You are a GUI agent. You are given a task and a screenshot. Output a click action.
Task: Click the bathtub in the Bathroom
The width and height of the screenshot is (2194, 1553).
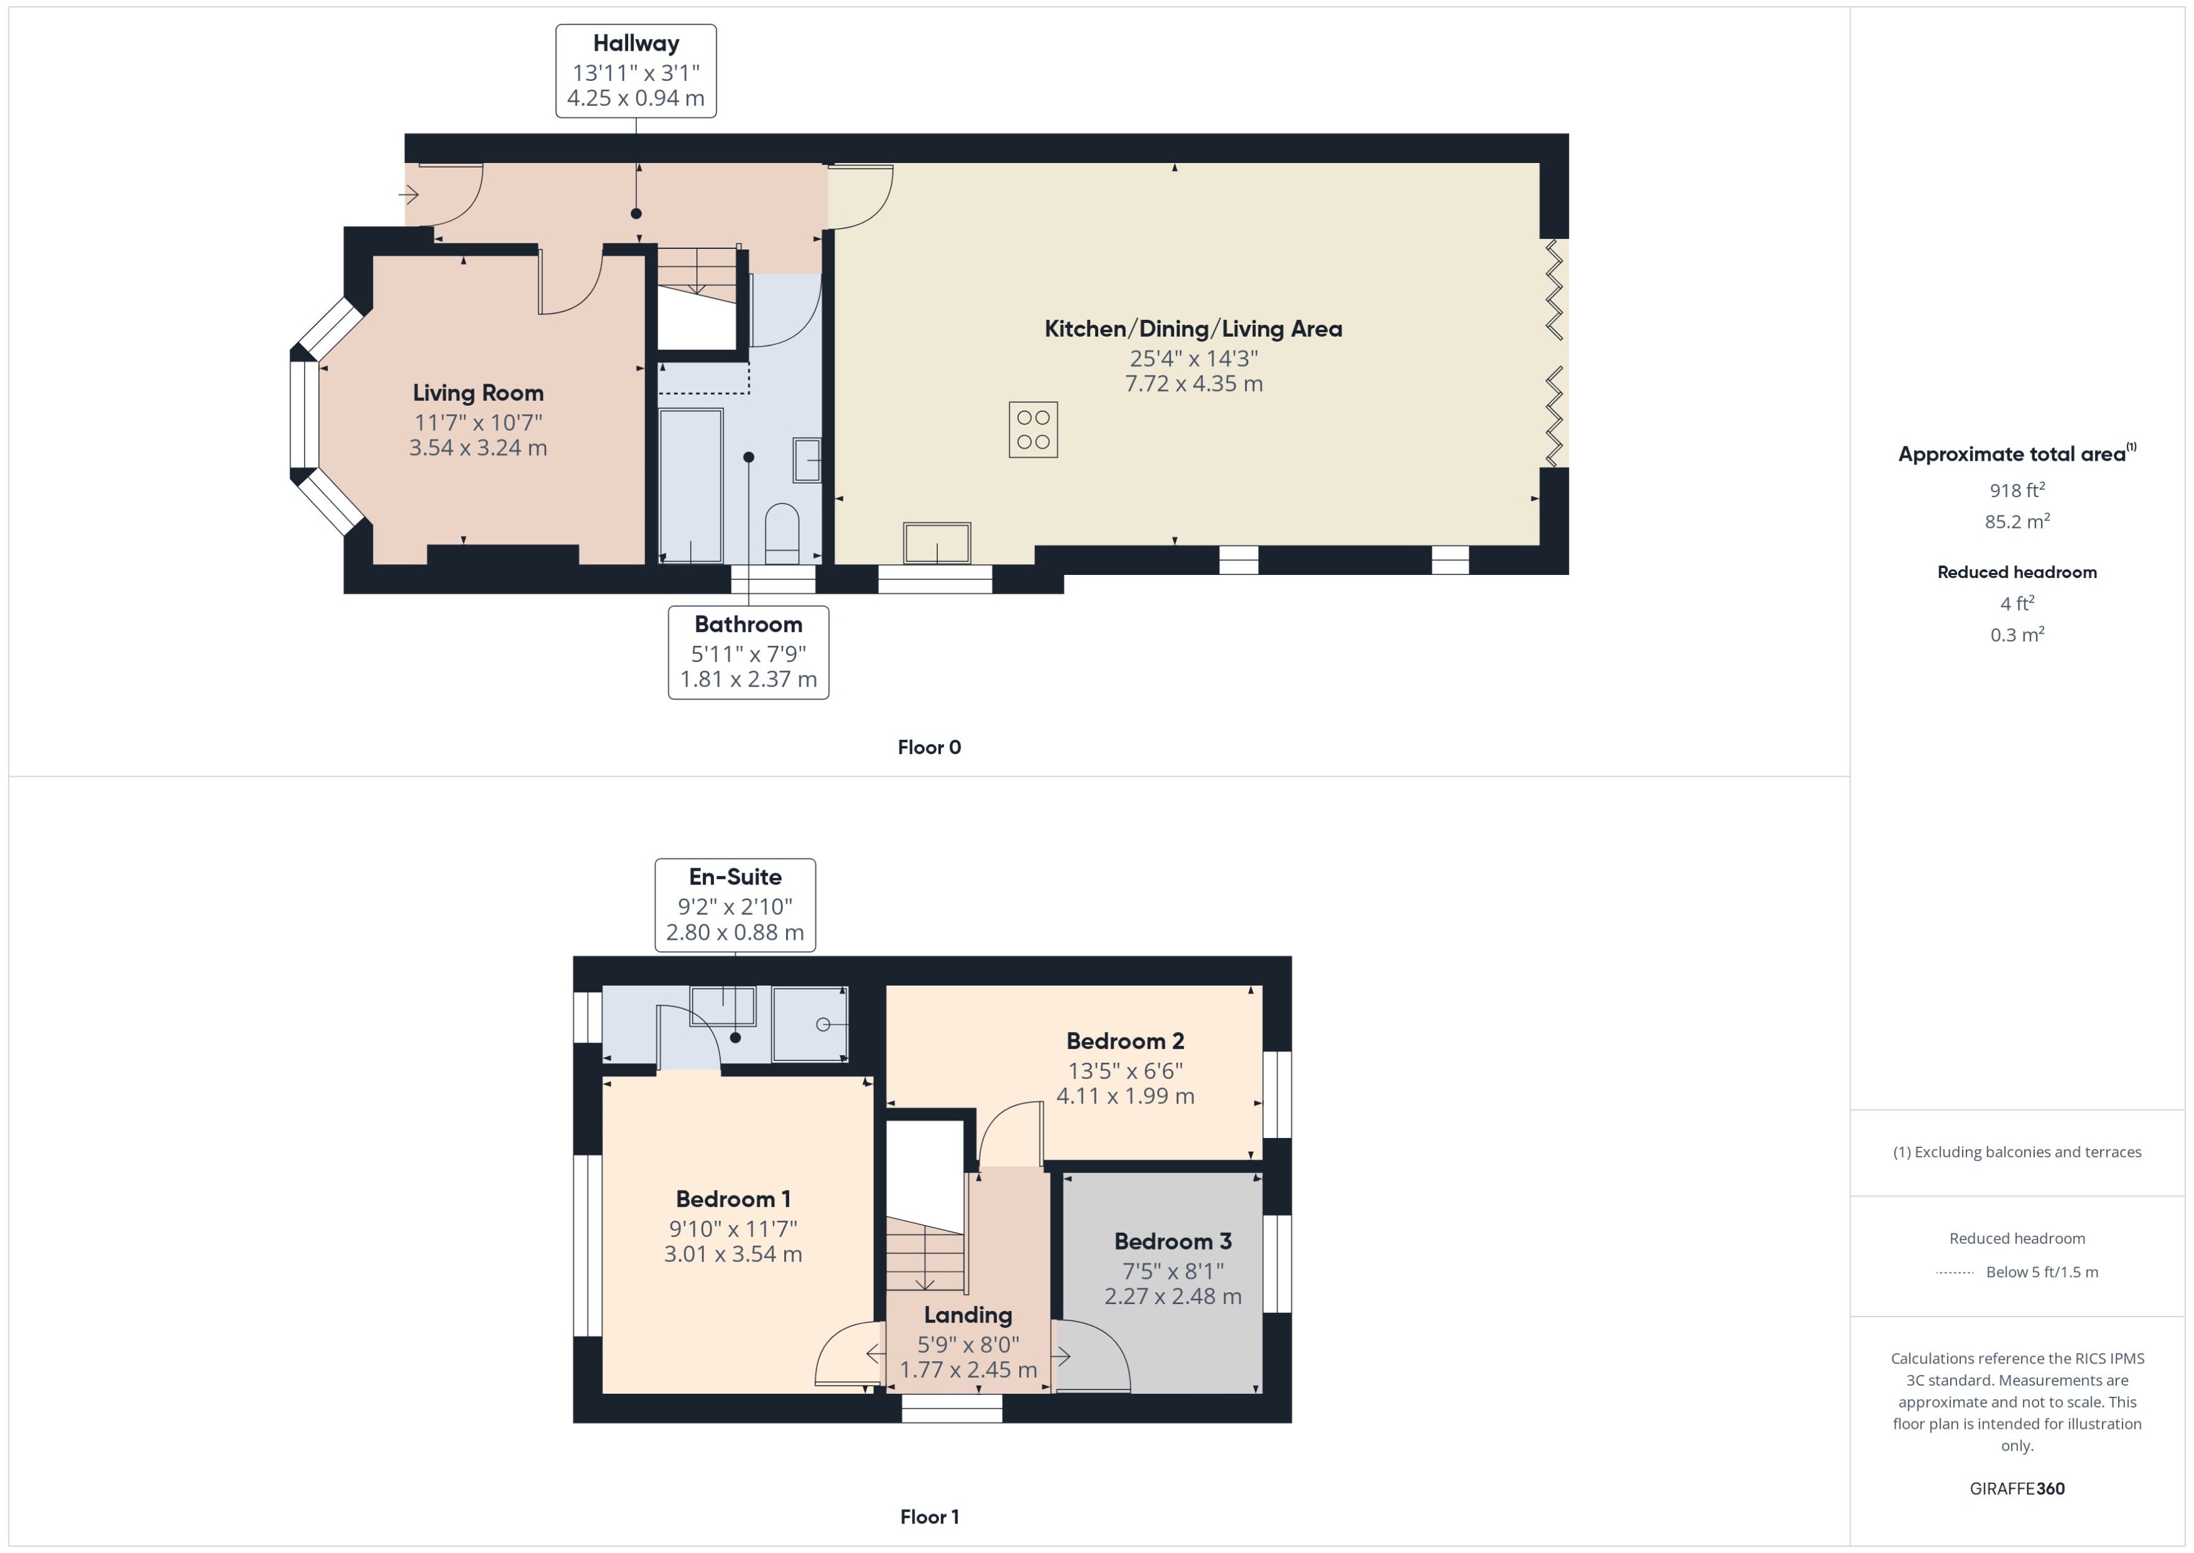690,486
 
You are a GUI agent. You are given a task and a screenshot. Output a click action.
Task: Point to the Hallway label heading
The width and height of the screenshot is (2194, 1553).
636,43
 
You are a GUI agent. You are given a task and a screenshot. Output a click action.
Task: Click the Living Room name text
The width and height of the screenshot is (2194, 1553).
478,393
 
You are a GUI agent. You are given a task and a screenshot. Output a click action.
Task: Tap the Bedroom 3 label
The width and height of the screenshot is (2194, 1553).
1172,1241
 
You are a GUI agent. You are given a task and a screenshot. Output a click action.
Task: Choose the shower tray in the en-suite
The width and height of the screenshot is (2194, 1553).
810,1024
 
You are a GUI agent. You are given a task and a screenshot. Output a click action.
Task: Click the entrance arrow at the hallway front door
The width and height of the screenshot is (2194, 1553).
409,195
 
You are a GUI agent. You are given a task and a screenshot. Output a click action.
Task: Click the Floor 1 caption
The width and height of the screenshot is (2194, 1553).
928,1517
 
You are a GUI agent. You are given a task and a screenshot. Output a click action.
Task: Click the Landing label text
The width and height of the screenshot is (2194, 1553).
967,1315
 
